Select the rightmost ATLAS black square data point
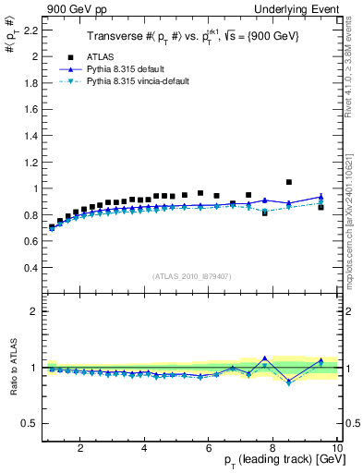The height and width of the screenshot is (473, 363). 321,207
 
